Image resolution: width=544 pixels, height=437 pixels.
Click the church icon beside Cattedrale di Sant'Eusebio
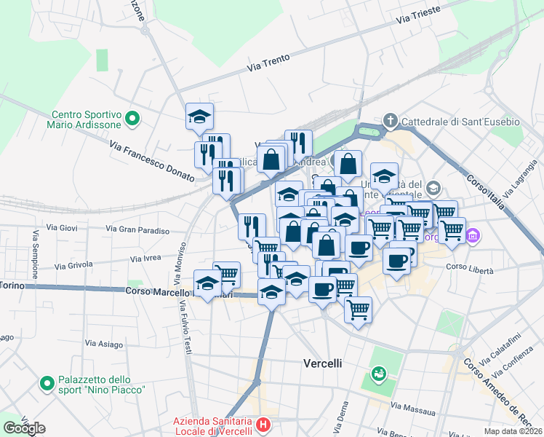[x=390, y=121]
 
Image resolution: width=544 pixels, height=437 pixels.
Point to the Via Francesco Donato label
[x=152, y=161]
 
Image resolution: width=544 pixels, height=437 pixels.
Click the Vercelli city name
[x=322, y=363]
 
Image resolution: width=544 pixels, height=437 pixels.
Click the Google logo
[x=24, y=428]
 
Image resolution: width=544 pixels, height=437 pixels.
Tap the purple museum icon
[x=474, y=235]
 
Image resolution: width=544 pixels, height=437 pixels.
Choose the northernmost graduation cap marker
[x=199, y=116]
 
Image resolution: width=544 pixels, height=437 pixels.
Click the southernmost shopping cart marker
[x=358, y=310]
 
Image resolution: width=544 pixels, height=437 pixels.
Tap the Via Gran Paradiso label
[x=137, y=230]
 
